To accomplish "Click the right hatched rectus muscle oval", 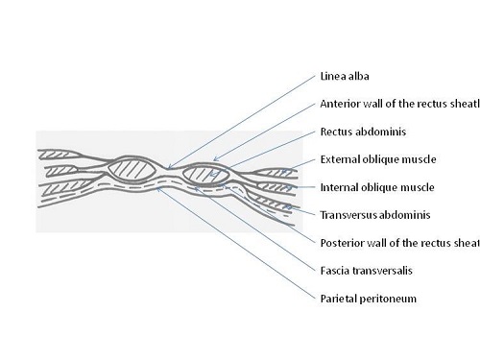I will pos(205,175).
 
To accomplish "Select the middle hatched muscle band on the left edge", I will pos(62,174).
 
